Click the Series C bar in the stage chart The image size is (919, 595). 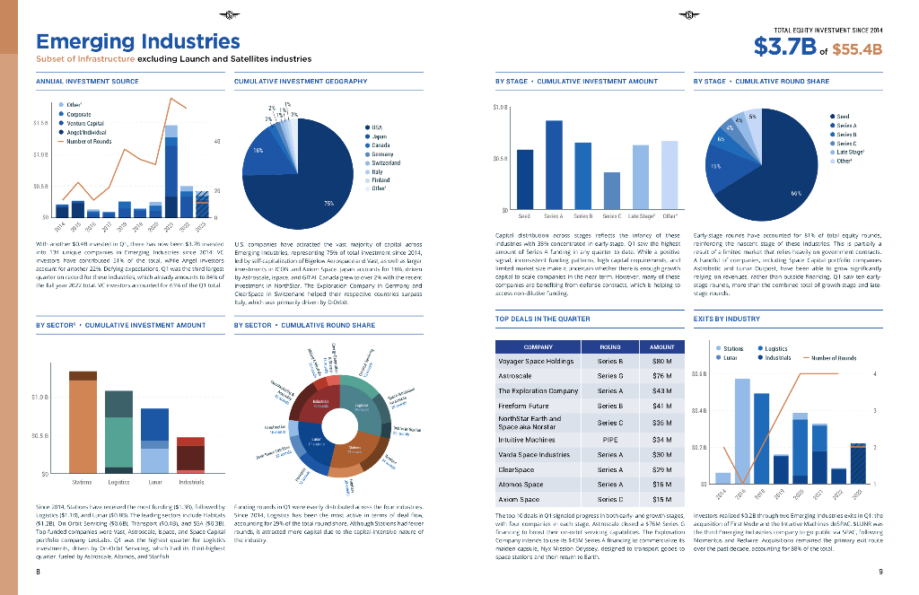(611, 189)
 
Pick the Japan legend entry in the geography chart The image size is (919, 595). (378, 136)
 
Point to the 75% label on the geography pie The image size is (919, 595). (329, 204)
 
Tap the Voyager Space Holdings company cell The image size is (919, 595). (536, 361)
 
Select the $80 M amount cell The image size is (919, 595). (662, 361)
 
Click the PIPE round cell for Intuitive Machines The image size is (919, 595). (609, 440)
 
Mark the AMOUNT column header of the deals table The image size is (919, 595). (662, 346)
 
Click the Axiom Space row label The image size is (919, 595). (520, 499)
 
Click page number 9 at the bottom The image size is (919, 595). (880, 572)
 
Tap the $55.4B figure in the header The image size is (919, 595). (857, 49)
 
